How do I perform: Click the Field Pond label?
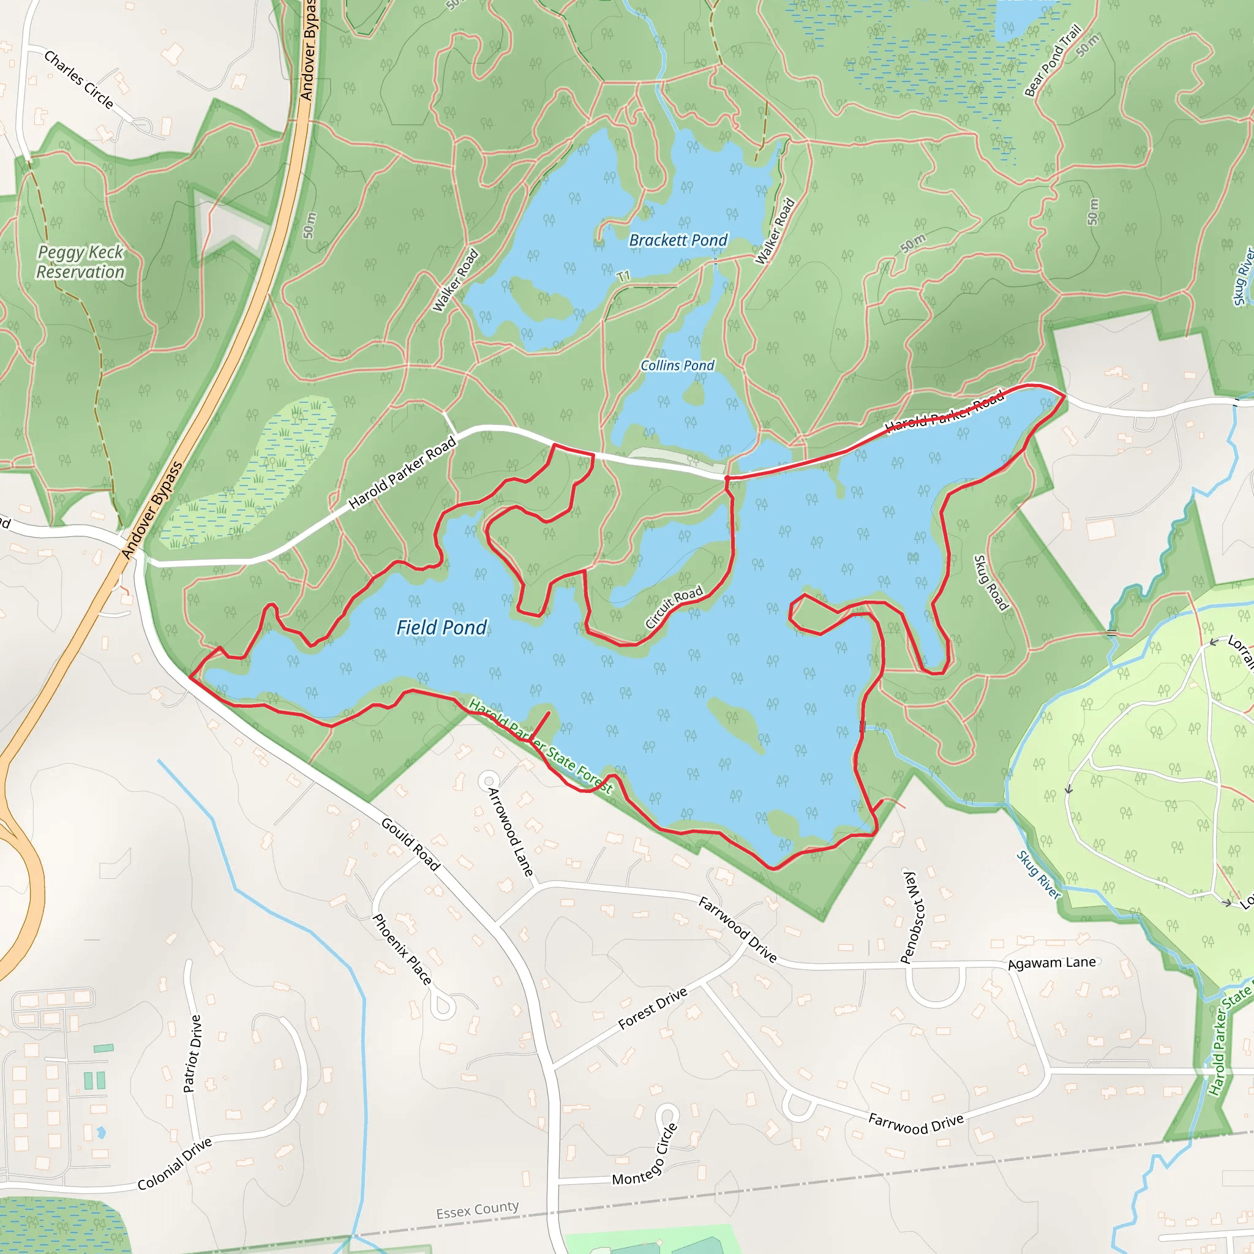click(x=441, y=628)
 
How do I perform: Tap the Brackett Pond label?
click(x=678, y=241)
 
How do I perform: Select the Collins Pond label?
click(x=677, y=366)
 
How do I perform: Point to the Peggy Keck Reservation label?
click(x=80, y=262)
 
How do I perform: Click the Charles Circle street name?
click(x=78, y=80)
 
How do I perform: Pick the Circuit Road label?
click(x=674, y=606)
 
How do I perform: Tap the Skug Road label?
click(x=991, y=583)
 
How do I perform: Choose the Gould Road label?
click(x=411, y=844)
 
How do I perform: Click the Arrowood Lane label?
click(x=510, y=832)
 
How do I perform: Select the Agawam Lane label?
click(x=1051, y=963)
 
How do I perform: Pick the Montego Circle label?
click(x=645, y=1155)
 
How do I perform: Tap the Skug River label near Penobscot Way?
click(x=1038, y=875)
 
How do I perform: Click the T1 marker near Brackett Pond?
click(x=623, y=277)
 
